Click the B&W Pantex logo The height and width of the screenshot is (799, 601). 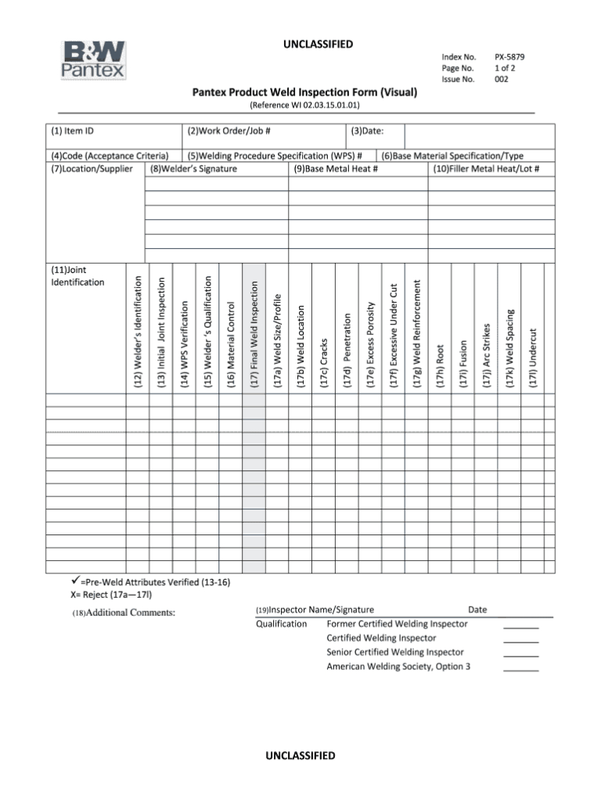coord(93,60)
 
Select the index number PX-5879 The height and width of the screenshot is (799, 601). coord(509,57)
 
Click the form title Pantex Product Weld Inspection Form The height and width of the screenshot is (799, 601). coord(304,92)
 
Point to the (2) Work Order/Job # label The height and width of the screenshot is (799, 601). coord(229,131)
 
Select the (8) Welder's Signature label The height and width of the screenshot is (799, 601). coord(193,168)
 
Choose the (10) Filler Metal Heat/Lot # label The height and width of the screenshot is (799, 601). coord(486,168)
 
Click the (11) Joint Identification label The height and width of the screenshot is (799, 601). coord(77,275)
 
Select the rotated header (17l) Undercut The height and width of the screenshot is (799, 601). coord(532,356)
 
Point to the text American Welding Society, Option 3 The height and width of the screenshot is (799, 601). coord(398,667)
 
